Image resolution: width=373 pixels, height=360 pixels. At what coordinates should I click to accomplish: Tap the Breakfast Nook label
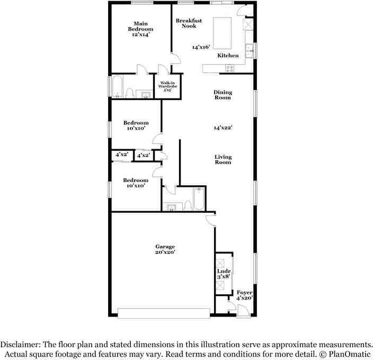[x=189, y=23]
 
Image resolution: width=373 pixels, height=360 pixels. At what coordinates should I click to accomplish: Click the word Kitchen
[x=228, y=56]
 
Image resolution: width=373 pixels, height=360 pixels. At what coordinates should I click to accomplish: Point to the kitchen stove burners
[x=230, y=68]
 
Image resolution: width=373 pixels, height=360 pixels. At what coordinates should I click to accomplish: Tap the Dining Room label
[x=223, y=95]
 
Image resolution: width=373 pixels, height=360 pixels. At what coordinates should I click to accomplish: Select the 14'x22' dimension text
[x=223, y=128]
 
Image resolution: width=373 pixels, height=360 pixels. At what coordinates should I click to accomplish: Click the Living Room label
[x=223, y=159]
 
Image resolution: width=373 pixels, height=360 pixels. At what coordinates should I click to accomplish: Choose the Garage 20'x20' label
[x=165, y=249]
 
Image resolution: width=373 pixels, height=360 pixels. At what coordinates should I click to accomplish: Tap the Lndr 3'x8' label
[x=222, y=274]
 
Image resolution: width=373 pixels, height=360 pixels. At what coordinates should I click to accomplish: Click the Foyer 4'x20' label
[x=244, y=295]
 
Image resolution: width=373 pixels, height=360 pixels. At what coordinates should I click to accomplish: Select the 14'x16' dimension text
[x=202, y=47]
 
